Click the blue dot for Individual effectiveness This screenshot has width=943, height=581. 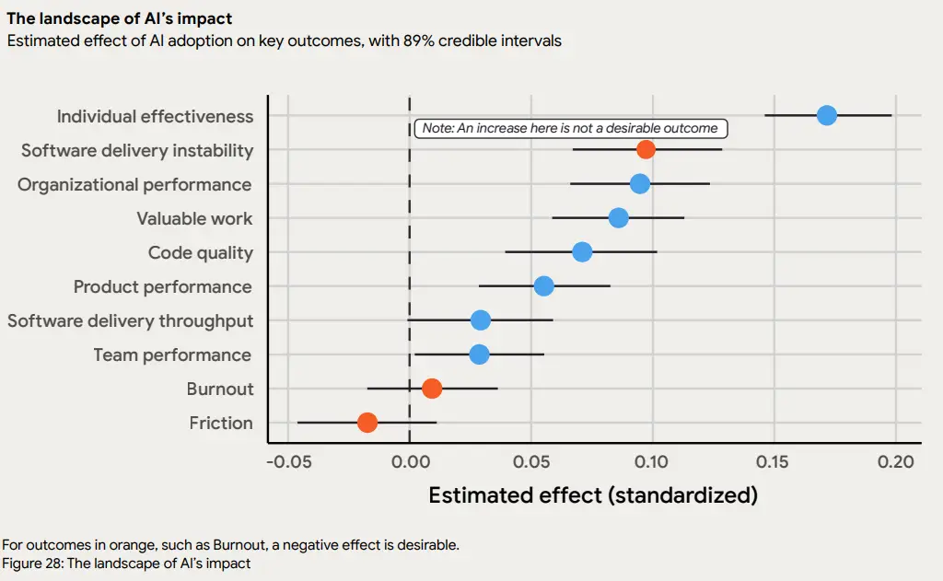pyautogui.click(x=826, y=116)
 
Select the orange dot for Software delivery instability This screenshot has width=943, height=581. pyautogui.click(x=646, y=149)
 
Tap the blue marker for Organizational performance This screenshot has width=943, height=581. pyautogui.click(x=639, y=184)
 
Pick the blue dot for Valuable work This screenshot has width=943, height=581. pyautogui.click(x=619, y=218)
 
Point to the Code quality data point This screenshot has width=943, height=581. pyautogui.click(x=582, y=252)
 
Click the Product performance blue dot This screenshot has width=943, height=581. pyautogui.click(x=544, y=286)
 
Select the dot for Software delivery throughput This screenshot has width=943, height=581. pyautogui.click(x=480, y=320)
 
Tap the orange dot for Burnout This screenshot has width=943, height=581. pyautogui.click(x=432, y=389)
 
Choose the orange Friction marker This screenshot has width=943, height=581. pyautogui.click(x=367, y=423)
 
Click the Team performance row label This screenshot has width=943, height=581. pyautogui.click(x=172, y=354)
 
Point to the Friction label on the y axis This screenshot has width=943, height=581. pyautogui.click(x=221, y=423)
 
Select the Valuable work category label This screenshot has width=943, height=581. pyautogui.click(x=194, y=218)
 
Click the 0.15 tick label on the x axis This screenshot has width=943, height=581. pyautogui.click(x=774, y=461)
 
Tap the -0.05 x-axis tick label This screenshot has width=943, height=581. pyautogui.click(x=288, y=461)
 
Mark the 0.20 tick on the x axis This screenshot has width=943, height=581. pyautogui.click(x=895, y=461)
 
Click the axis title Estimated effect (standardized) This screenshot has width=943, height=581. pyautogui.click(x=593, y=495)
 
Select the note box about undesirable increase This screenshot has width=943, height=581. pyautogui.click(x=569, y=129)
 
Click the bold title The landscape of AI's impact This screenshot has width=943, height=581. pyautogui.click(x=120, y=18)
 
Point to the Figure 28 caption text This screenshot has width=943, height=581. pyautogui.click(x=127, y=563)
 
